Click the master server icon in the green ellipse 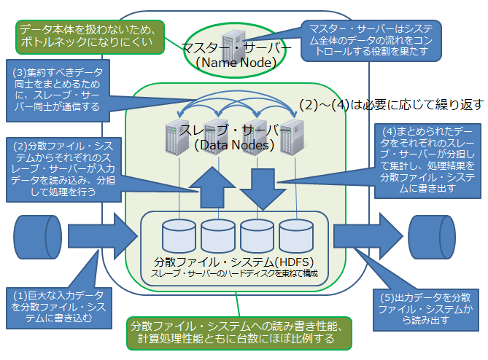coord(233,46)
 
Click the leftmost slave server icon coord(177,137)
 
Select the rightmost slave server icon coord(292,137)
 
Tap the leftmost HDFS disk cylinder coord(179,235)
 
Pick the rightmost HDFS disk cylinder coord(296,235)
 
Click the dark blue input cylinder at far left coord(38,237)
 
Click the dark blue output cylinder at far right coord(432,237)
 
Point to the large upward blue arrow coord(212,187)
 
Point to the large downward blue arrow coord(263,189)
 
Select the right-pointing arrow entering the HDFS coord(103,236)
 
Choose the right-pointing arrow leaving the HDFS coord(368,236)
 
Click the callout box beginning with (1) coord(59,308)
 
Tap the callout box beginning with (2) coord(63,170)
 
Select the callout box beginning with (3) coord(58,90)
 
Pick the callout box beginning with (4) coord(427,161)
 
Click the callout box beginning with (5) coord(426,310)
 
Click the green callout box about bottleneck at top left coord(90,37)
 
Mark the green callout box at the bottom coord(239,333)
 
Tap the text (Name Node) coord(236,63)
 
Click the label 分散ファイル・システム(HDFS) coord(233,262)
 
